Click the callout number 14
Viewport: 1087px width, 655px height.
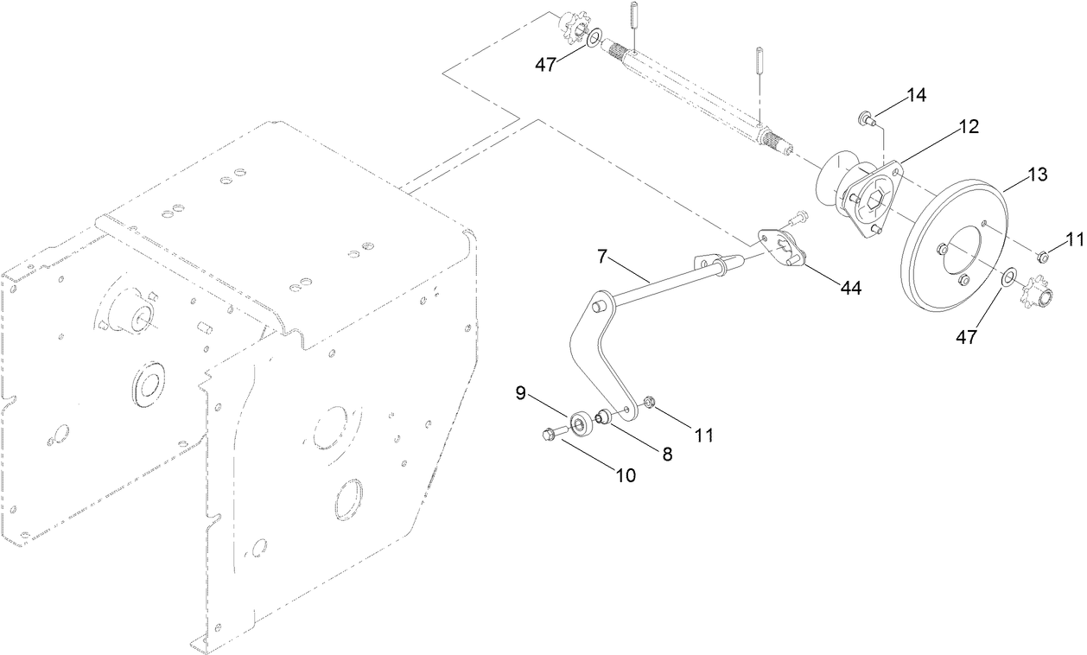point(915,96)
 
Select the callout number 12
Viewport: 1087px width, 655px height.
point(968,127)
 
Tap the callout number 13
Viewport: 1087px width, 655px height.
point(1037,175)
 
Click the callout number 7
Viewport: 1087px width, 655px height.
point(602,257)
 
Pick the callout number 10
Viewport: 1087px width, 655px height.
point(625,474)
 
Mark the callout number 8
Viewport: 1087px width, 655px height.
point(667,453)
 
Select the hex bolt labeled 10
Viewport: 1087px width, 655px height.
point(550,433)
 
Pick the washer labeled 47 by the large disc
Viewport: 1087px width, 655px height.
point(1008,278)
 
